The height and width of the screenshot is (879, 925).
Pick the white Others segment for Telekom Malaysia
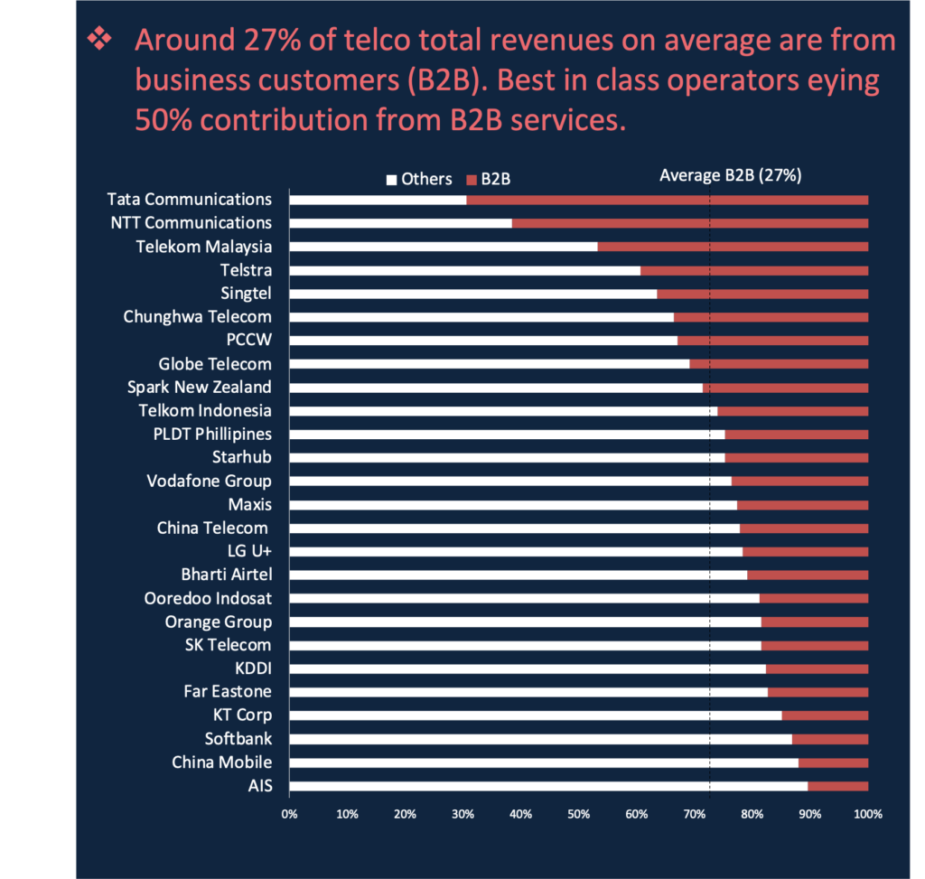pos(443,247)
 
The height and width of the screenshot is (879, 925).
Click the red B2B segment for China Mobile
pos(833,762)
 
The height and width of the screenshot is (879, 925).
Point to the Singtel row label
pos(246,293)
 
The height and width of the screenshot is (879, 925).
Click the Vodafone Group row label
pos(209,481)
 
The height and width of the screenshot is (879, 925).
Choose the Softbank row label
pos(238,739)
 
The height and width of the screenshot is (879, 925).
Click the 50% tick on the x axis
pos(578,813)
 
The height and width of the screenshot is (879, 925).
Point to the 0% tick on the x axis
pos(289,813)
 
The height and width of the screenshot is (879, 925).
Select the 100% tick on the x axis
pos(867,813)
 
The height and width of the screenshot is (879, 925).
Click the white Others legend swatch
pos(391,180)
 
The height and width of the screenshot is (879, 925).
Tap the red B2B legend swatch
pos(471,180)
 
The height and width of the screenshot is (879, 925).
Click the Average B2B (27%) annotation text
pos(730,176)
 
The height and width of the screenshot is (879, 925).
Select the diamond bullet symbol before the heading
pos(97,41)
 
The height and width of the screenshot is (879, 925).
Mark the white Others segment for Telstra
pos(464,270)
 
